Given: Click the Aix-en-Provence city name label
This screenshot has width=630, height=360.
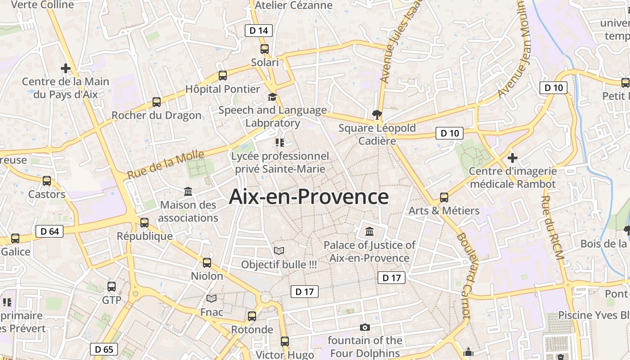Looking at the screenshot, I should pyautogui.click(x=309, y=197).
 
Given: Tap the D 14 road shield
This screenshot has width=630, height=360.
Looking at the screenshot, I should pyautogui.click(x=259, y=31).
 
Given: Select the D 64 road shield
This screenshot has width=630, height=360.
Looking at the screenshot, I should pyautogui.click(x=49, y=231).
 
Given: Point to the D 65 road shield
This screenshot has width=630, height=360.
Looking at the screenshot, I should pyautogui.click(x=104, y=349).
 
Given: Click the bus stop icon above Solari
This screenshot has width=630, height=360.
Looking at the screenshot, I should pyautogui.click(x=265, y=49).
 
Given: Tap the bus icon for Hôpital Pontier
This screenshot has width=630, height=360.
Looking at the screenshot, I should pyautogui.click(x=222, y=75).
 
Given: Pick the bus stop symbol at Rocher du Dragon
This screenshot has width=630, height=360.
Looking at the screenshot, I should pyautogui.click(x=156, y=102).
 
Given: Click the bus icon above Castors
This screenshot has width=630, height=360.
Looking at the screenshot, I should pyautogui.click(x=47, y=181).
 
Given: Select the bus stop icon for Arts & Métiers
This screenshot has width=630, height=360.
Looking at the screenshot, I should pyautogui.click(x=444, y=197).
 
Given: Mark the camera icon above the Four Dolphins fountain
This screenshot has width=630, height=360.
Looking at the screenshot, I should pyautogui.click(x=364, y=327).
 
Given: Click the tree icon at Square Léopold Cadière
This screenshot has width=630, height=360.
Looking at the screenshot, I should pyautogui.click(x=377, y=114).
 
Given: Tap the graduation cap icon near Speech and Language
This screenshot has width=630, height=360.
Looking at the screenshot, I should pyautogui.click(x=272, y=97).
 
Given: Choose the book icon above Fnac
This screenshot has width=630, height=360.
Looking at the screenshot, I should pyautogui.click(x=211, y=298).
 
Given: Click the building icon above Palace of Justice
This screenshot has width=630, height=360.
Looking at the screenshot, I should pyautogui.click(x=369, y=231).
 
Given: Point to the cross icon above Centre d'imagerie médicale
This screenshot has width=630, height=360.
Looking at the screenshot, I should pyautogui.click(x=512, y=158).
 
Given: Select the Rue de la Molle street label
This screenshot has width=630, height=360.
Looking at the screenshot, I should pyautogui.click(x=165, y=165).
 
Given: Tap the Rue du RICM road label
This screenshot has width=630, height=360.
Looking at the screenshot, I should pyautogui.click(x=552, y=227).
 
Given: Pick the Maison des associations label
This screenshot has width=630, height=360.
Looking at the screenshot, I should pyautogui.click(x=188, y=211).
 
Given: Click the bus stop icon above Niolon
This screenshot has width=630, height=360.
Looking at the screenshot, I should pyautogui.click(x=207, y=262).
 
